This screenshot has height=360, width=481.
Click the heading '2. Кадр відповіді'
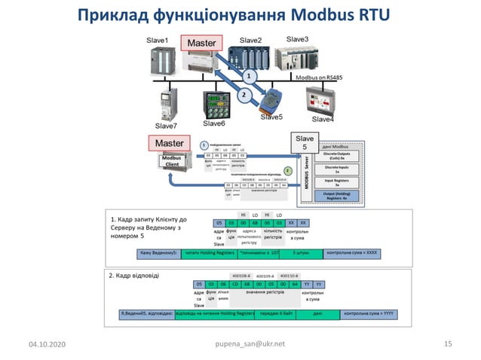(134, 276)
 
